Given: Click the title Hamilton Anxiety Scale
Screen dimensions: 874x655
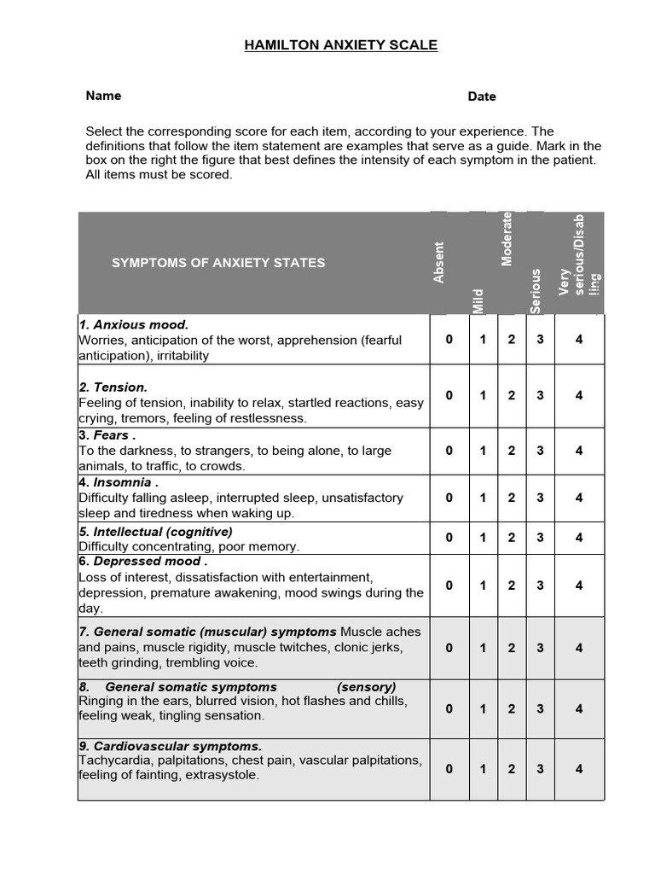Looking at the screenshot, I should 341,45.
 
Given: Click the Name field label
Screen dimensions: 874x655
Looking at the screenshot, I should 103,96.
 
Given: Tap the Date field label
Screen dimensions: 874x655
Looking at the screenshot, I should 482,96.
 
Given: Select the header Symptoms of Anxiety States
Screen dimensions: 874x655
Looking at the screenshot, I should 218,263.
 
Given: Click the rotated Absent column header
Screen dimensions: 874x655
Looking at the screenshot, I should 439,262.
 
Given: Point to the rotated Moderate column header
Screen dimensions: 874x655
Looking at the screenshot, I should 507,239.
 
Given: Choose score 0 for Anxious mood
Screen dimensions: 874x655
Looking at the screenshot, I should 449,339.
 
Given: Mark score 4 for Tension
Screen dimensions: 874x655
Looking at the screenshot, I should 579,395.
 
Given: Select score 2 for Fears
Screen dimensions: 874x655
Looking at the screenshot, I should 512,450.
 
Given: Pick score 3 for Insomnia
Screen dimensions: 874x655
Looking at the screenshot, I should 540,498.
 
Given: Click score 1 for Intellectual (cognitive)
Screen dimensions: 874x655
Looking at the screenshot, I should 483,538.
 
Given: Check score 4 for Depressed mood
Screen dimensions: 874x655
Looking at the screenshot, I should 579,586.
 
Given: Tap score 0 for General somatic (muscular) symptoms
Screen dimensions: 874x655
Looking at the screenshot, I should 449,648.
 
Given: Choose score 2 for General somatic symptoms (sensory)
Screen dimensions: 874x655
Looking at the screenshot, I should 512,708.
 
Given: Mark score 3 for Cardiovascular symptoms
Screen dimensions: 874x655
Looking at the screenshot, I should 540,768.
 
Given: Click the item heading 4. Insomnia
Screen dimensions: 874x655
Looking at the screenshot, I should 118,482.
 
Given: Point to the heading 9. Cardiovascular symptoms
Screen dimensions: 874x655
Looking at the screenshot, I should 170,745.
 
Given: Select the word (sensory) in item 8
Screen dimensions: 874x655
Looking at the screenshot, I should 367,686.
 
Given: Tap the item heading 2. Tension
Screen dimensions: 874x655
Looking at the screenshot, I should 113,387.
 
